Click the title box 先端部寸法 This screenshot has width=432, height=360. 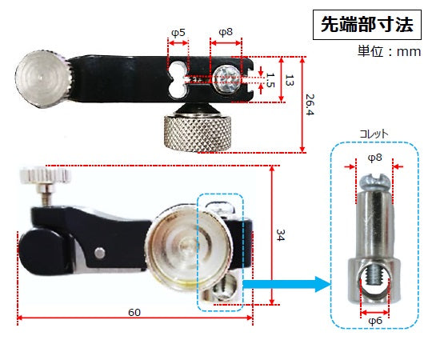(366, 24)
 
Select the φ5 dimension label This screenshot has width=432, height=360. (178, 33)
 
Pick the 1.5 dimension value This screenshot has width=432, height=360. (270, 80)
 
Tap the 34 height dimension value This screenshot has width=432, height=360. (280, 235)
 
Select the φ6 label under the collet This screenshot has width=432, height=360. (374, 319)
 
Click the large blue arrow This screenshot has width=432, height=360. (288, 282)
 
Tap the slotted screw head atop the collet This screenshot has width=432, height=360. (374, 180)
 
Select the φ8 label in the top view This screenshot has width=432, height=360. (226, 33)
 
